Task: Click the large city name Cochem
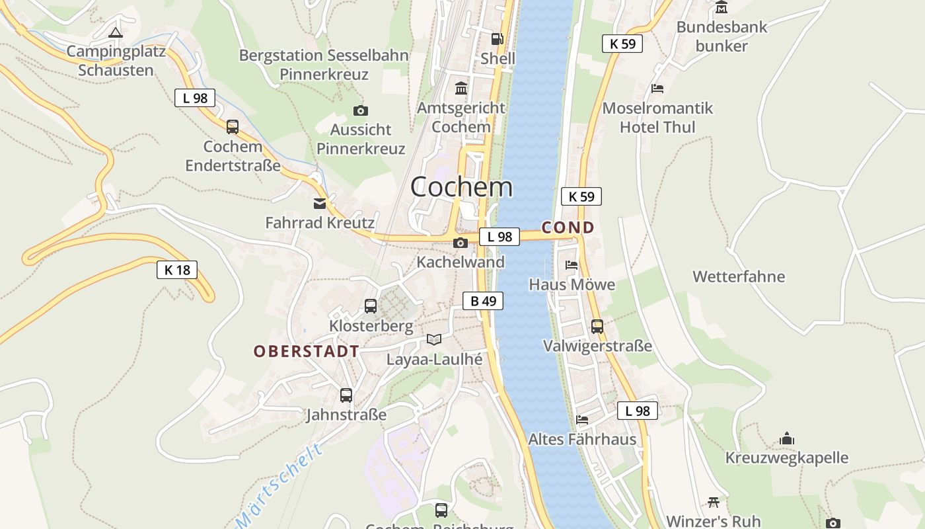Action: click(461, 187)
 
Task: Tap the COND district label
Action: click(568, 227)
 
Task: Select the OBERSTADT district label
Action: click(307, 351)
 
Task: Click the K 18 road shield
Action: click(177, 269)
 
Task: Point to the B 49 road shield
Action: click(483, 301)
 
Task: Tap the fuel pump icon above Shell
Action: click(498, 39)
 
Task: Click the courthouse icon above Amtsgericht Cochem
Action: click(461, 88)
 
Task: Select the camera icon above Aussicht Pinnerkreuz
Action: click(360, 110)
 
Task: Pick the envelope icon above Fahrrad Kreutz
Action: click(320, 203)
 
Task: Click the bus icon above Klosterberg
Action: click(371, 306)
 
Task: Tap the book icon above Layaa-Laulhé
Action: click(434, 340)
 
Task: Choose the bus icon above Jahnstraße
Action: click(346, 395)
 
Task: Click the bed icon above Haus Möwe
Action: click(572, 265)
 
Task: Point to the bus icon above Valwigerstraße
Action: click(597, 326)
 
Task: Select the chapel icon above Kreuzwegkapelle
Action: click(786, 438)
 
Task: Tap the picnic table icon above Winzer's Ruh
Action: click(713, 502)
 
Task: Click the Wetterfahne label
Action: click(739, 276)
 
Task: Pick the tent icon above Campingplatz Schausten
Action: click(116, 32)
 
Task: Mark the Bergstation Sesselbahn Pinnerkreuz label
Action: click(324, 65)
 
